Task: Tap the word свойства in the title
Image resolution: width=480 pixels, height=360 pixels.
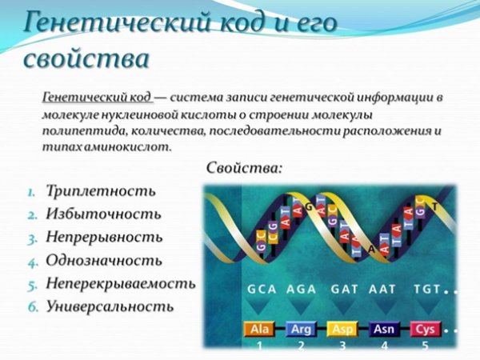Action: [87, 59]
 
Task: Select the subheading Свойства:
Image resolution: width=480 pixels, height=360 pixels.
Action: [245, 169]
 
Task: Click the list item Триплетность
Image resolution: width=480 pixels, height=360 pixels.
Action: [100, 191]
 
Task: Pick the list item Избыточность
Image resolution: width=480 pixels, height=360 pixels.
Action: [103, 214]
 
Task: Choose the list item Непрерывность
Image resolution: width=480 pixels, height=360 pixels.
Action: [104, 238]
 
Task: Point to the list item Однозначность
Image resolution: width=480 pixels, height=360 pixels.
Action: [104, 261]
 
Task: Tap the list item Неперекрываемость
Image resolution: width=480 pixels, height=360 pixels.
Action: [121, 283]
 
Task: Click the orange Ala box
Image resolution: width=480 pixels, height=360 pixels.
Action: [258, 329]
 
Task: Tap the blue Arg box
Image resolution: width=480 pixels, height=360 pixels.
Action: [301, 329]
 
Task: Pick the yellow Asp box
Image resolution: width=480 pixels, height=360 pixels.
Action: [342, 329]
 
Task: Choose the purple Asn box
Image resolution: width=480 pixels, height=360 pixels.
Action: [385, 329]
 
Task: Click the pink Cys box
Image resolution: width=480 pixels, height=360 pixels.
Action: [426, 329]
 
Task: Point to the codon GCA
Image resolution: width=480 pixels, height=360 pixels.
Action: [262, 291]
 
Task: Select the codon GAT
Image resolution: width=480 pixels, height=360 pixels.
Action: [342, 291]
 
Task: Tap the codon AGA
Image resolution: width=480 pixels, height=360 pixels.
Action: [302, 291]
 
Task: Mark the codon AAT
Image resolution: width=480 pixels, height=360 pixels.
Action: [382, 291]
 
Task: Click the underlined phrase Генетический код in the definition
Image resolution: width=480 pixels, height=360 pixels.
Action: [96, 97]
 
